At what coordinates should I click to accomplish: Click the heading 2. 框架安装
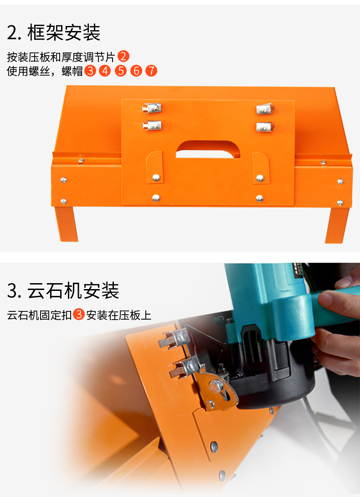(x=53, y=32)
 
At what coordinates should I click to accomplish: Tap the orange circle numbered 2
(x=123, y=57)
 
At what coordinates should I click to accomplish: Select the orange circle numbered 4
(x=105, y=71)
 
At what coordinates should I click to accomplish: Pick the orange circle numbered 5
(x=120, y=71)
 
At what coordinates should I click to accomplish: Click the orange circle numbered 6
(x=136, y=71)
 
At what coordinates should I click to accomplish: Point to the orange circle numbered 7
(x=151, y=71)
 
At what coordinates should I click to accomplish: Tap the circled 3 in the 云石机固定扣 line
(x=79, y=315)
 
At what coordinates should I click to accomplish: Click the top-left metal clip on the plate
(x=152, y=109)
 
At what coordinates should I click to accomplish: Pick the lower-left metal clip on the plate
(x=152, y=124)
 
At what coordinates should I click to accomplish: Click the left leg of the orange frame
(x=67, y=224)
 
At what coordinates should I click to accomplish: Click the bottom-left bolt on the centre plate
(x=156, y=197)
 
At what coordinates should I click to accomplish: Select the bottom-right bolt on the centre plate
(x=259, y=198)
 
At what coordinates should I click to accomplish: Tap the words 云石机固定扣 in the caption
(x=39, y=315)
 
